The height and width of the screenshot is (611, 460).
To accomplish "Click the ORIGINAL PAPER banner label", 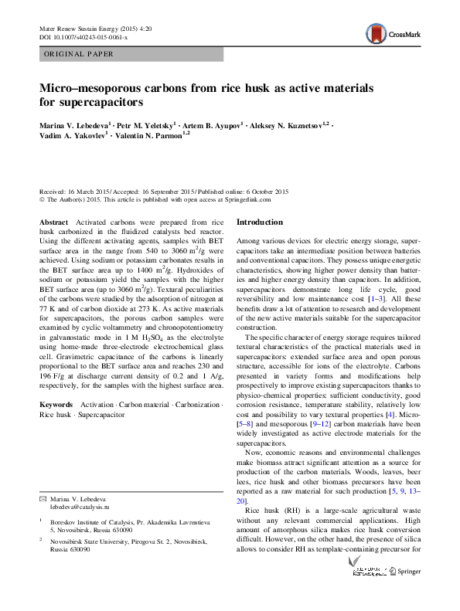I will click(80, 55).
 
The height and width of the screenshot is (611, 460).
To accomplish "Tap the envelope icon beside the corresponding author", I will click(43, 498).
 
